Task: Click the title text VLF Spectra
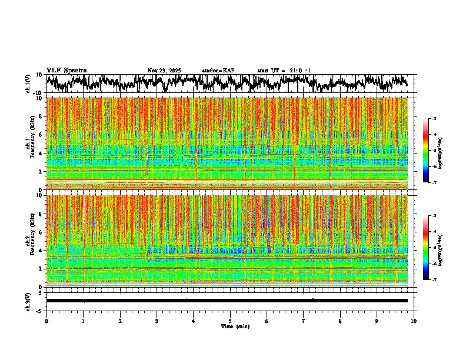[x=66, y=70]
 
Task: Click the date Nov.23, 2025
[x=164, y=71]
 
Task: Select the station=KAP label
[x=218, y=71]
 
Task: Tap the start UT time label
[x=284, y=71]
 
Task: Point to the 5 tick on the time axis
[x=230, y=321]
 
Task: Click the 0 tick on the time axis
[x=46, y=321]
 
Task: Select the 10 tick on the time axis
[x=414, y=321]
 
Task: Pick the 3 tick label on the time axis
[x=157, y=321]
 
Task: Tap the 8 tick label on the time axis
[x=340, y=321]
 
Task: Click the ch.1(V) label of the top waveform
[x=28, y=84]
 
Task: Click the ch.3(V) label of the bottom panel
[x=28, y=301]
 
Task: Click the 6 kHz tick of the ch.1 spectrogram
[x=41, y=135]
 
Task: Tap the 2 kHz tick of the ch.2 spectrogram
[x=41, y=268]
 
